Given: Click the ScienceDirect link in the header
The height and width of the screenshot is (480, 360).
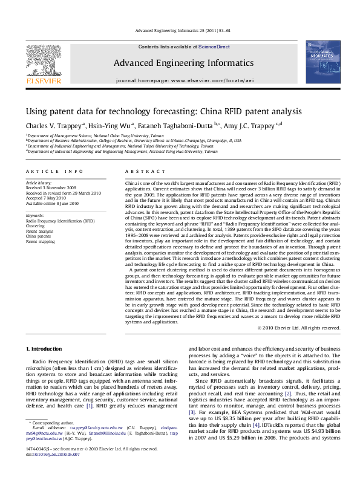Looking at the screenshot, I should pyautogui.click(x=214, y=47).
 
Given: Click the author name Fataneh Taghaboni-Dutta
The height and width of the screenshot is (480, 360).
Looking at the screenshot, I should pyautogui.click(x=182, y=126).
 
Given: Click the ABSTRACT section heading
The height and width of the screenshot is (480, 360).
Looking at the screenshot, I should pyautogui.click(x=140, y=171).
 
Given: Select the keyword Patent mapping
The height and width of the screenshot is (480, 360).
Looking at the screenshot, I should pyautogui.click(x=41, y=241).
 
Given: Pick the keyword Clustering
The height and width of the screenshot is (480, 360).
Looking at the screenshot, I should pyautogui.click(x=36, y=226).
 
